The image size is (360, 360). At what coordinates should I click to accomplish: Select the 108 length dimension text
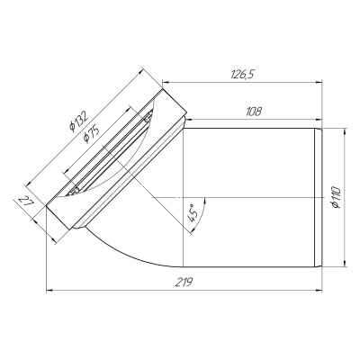(253, 112)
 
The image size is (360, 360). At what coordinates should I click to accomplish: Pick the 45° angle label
(192, 214)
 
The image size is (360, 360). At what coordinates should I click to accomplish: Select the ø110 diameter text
(336, 197)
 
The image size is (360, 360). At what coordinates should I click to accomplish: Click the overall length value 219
(185, 281)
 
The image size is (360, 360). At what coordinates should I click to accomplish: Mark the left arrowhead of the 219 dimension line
(50, 291)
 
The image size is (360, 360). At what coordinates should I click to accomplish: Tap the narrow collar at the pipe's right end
(318, 197)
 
